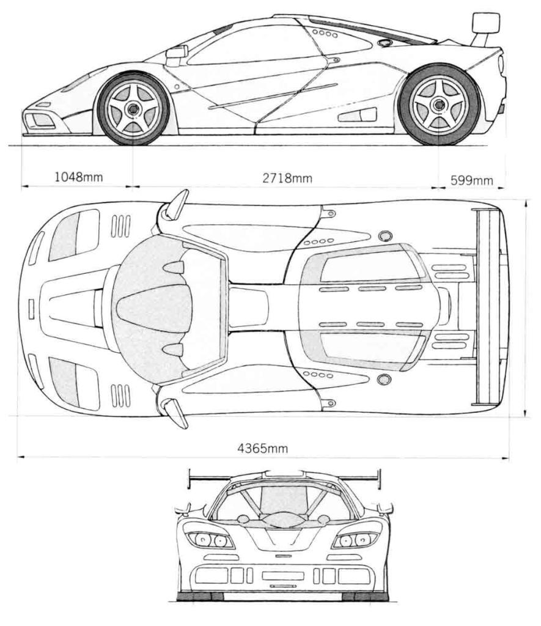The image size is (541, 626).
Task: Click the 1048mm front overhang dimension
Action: (x=79, y=178)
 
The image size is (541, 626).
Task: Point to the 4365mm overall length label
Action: (x=263, y=448)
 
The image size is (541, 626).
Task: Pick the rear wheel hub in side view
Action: (x=438, y=105)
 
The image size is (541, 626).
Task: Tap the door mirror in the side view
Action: (x=175, y=54)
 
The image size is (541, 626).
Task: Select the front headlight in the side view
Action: (x=76, y=84)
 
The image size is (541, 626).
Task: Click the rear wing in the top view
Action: (x=485, y=305)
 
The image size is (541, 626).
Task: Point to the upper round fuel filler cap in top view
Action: (x=384, y=236)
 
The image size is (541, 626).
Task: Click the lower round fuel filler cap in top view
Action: (x=383, y=380)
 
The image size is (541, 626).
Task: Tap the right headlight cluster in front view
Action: (x=355, y=540)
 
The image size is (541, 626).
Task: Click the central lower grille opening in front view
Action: (x=282, y=575)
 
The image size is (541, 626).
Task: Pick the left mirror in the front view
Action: (x=182, y=509)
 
